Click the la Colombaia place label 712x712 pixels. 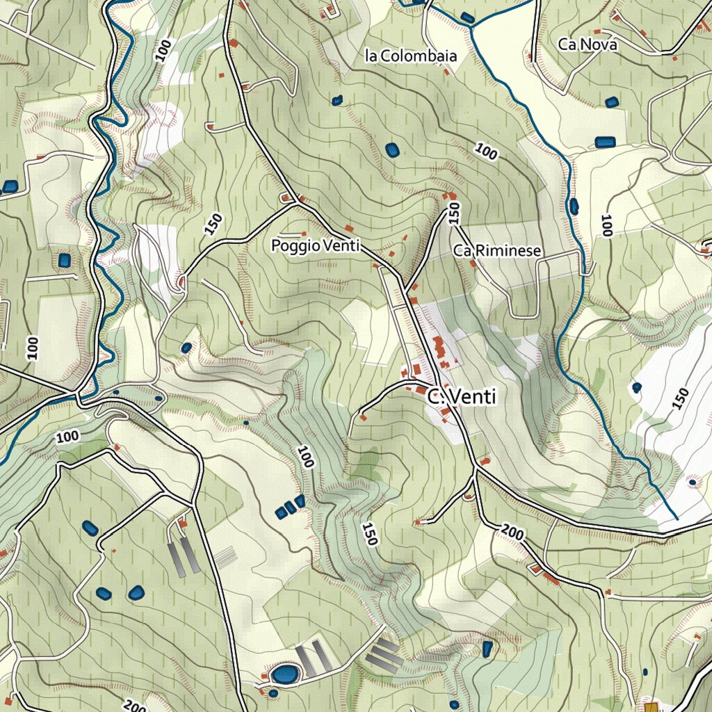[x=411, y=56]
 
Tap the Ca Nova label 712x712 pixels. [x=588, y=44]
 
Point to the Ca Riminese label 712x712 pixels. [x=496, y=251]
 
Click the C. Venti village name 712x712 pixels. [x=462, y=398]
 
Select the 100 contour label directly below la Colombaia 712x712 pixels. [x=486, y=150]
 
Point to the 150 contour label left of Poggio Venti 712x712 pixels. [x=214, y=224]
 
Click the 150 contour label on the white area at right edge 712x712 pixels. [x=681, y=398]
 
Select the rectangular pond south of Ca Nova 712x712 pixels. [x=605, y=143]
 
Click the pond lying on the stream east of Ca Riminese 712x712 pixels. [x=574, y=206]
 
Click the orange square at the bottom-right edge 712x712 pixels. [x=652, y=707]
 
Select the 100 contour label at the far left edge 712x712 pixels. [x=32, y=347]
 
